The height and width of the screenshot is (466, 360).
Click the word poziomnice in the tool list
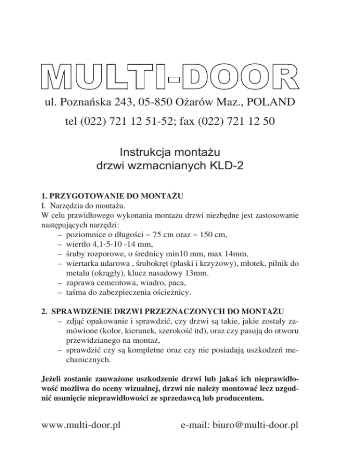88,233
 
